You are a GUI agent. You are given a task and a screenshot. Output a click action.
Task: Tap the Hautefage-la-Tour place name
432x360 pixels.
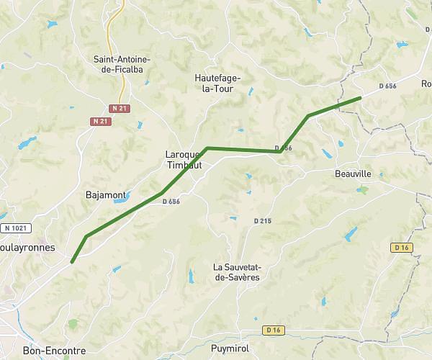point(218,83)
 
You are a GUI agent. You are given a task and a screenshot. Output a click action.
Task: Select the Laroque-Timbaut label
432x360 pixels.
point(185,159)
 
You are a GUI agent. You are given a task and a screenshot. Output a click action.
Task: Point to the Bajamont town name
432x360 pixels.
point(106,195)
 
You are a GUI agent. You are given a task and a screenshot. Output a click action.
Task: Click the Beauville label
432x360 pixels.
point(353,174)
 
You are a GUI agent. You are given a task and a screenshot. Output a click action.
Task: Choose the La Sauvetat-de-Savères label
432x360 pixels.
point(236,272)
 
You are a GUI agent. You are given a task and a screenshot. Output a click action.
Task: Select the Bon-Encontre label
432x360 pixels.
point(54,351)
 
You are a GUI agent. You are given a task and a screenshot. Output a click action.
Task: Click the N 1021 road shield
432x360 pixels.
point(15,228)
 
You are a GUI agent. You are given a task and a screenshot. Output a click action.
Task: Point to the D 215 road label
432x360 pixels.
point(262,220)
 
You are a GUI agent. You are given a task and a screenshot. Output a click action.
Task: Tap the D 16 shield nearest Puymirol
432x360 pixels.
point(271,330)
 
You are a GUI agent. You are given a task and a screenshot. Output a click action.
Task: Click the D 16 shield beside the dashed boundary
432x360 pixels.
point(402,247)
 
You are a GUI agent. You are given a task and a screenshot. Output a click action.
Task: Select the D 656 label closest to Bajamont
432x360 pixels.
point(171,202)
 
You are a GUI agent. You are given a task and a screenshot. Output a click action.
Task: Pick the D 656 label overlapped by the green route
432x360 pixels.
point(284,148)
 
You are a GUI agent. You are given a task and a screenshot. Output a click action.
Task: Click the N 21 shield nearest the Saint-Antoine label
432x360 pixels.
point(119,108)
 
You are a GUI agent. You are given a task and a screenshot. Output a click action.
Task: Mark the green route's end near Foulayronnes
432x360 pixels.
point(72,263)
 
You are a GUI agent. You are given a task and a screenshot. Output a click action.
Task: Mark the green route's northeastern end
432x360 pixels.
point(360,97)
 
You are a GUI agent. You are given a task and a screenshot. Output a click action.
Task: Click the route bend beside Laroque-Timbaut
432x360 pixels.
point(207,148)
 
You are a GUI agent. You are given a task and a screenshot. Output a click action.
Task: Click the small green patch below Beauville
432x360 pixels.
point(364,190)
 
